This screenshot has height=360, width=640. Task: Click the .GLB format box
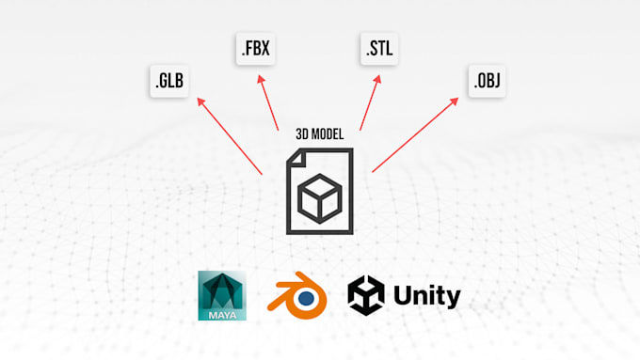169,82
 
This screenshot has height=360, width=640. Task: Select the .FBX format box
254,49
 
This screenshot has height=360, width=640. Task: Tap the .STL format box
376,49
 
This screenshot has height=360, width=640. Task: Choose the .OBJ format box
487,82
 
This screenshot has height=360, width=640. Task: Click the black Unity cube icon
366,296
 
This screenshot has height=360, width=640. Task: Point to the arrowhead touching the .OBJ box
463,100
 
